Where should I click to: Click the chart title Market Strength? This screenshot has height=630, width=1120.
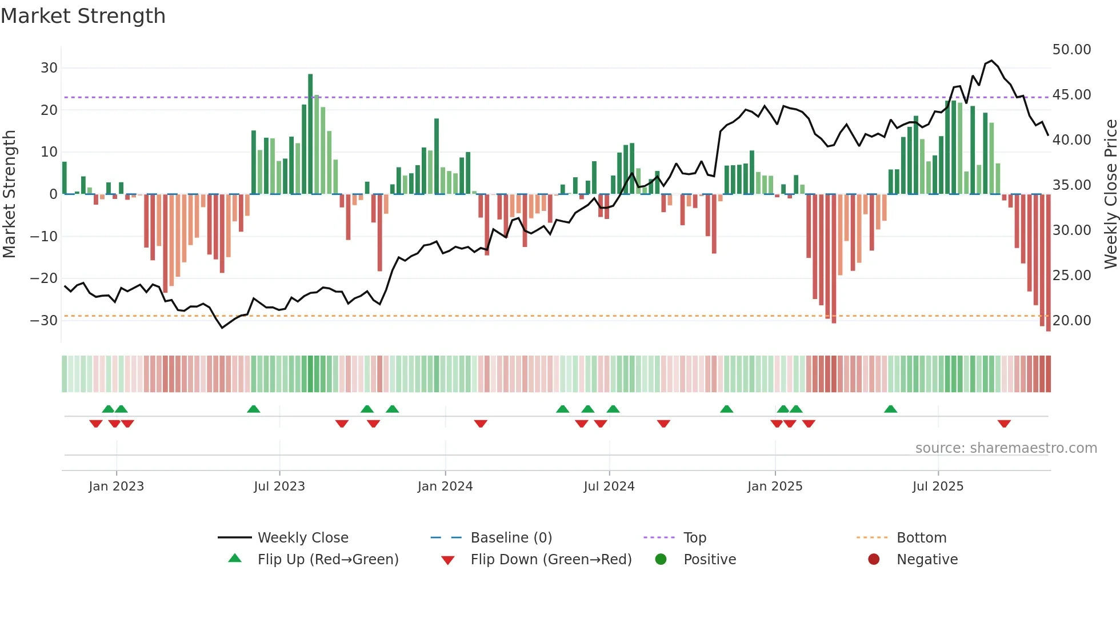(x=83, y=16)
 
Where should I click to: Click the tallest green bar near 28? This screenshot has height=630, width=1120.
(x=310, y=134)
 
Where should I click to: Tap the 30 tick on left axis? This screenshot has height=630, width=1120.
(x=49, y=68)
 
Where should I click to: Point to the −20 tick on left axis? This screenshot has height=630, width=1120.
(x=45, y=278)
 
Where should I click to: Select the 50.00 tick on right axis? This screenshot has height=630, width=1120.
(x=1071, y=50)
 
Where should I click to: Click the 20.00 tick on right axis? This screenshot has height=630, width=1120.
(x=1071, y=321)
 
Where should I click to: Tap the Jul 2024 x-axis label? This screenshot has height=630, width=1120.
(x=609, y=487)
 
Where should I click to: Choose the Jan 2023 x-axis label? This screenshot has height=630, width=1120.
(x=116, y=487)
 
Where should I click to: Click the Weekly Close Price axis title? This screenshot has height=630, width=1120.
(x=1110, y=194)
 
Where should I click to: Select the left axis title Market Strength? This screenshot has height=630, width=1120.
(x=9, y=194)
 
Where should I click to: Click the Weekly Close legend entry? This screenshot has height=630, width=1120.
(x=302, y=538)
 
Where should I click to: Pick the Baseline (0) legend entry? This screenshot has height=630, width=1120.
(x=511, y=538)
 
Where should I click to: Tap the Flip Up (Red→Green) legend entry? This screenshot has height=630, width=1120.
(x=327, y=560)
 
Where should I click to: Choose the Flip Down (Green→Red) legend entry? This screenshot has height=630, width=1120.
(x=551, y=560)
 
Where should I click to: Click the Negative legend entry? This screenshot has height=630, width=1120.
(x=926, y=560)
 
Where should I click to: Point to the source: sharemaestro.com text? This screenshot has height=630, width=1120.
(x=1006, y=448)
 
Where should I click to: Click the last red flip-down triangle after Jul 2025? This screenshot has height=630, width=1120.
(x=1004, y=424)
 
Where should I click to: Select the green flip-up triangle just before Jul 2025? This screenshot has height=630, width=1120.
(x=890, y=409)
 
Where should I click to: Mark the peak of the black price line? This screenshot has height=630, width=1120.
(x=991, y=61)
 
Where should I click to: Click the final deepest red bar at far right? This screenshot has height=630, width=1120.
(x=1048, y=263)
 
